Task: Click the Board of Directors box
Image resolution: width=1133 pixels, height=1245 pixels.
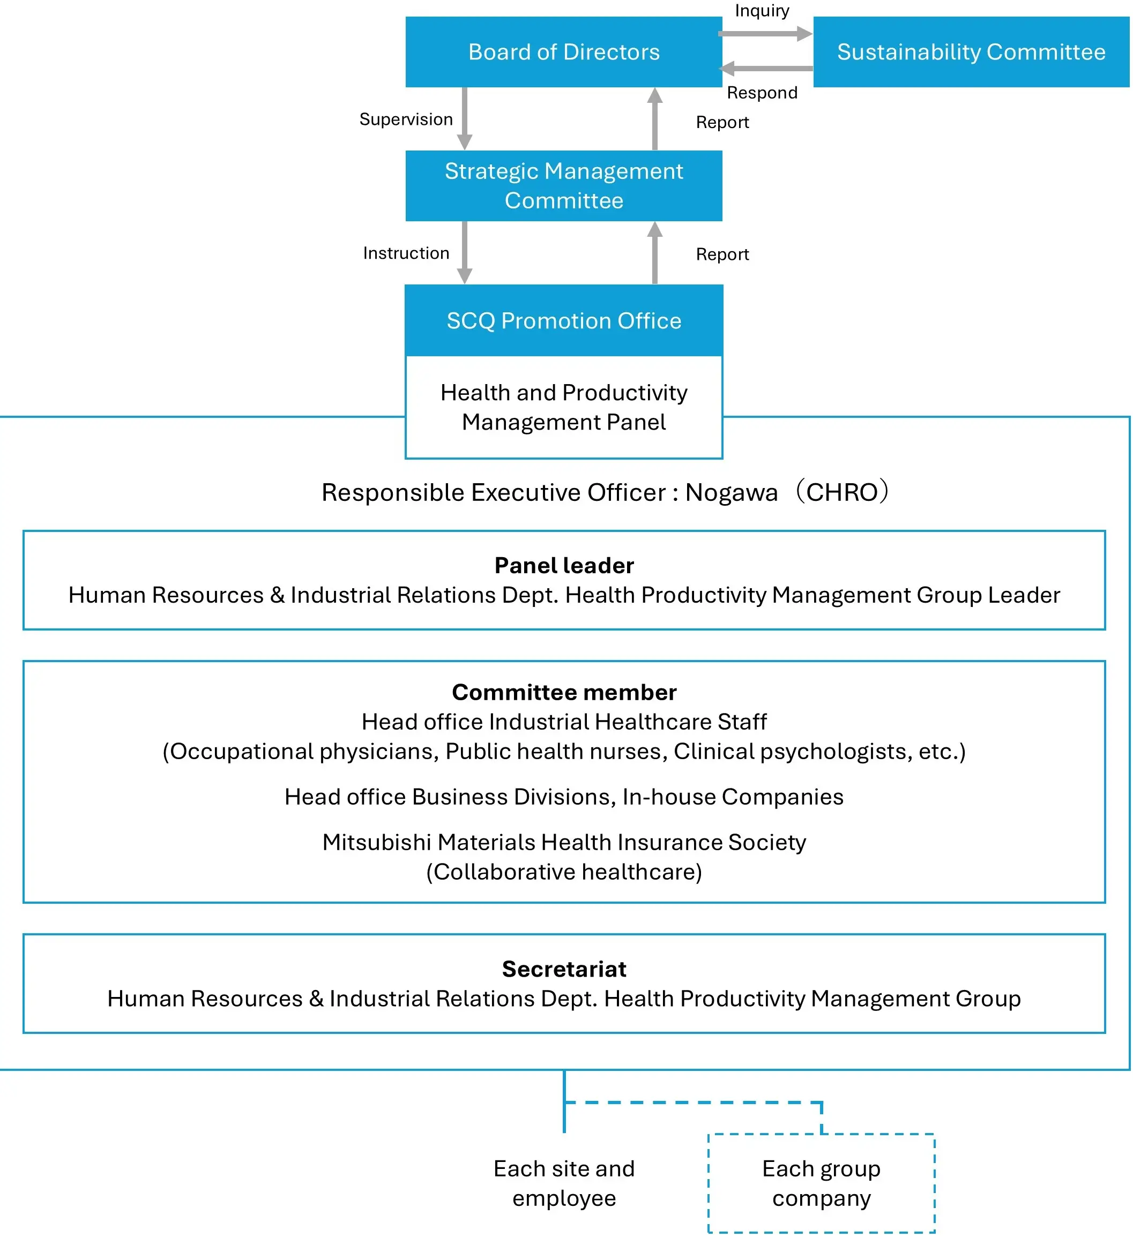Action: coord(563,52)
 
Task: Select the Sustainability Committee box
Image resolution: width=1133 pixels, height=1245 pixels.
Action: coord(971,52)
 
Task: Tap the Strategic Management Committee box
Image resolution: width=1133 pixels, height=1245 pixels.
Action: coord(563,186)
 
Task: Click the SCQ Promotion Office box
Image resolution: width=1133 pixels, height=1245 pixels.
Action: coord(563,320)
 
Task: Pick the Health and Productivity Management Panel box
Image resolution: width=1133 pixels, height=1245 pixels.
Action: coord(563,407)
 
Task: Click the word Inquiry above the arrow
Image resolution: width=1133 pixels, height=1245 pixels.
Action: coord(762,11)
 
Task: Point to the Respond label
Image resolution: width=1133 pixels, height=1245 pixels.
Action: coord(762,93)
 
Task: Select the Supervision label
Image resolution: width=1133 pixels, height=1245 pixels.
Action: coord(406,119)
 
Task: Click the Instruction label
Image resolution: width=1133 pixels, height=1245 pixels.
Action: coord(406,253)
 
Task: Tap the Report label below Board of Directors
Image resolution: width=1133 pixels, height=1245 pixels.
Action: coord(722,122)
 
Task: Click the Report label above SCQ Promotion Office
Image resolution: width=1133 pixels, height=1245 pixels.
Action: coord(722,254)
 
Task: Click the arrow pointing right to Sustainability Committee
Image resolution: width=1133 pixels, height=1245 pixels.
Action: coord(765,34)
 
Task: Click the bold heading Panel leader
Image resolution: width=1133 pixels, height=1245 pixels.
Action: coord(564,566)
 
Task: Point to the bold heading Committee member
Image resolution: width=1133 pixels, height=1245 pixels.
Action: coord(564,692)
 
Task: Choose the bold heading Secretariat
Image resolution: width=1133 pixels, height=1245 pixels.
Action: coord(564,969)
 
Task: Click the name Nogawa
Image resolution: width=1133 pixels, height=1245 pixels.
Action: coord(732,493)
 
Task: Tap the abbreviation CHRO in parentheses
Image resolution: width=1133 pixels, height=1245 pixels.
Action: coord(842,493)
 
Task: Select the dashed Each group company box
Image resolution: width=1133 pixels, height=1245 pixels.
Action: coord(821,1183)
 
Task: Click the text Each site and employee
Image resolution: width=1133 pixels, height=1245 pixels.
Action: coord(564,1183)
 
